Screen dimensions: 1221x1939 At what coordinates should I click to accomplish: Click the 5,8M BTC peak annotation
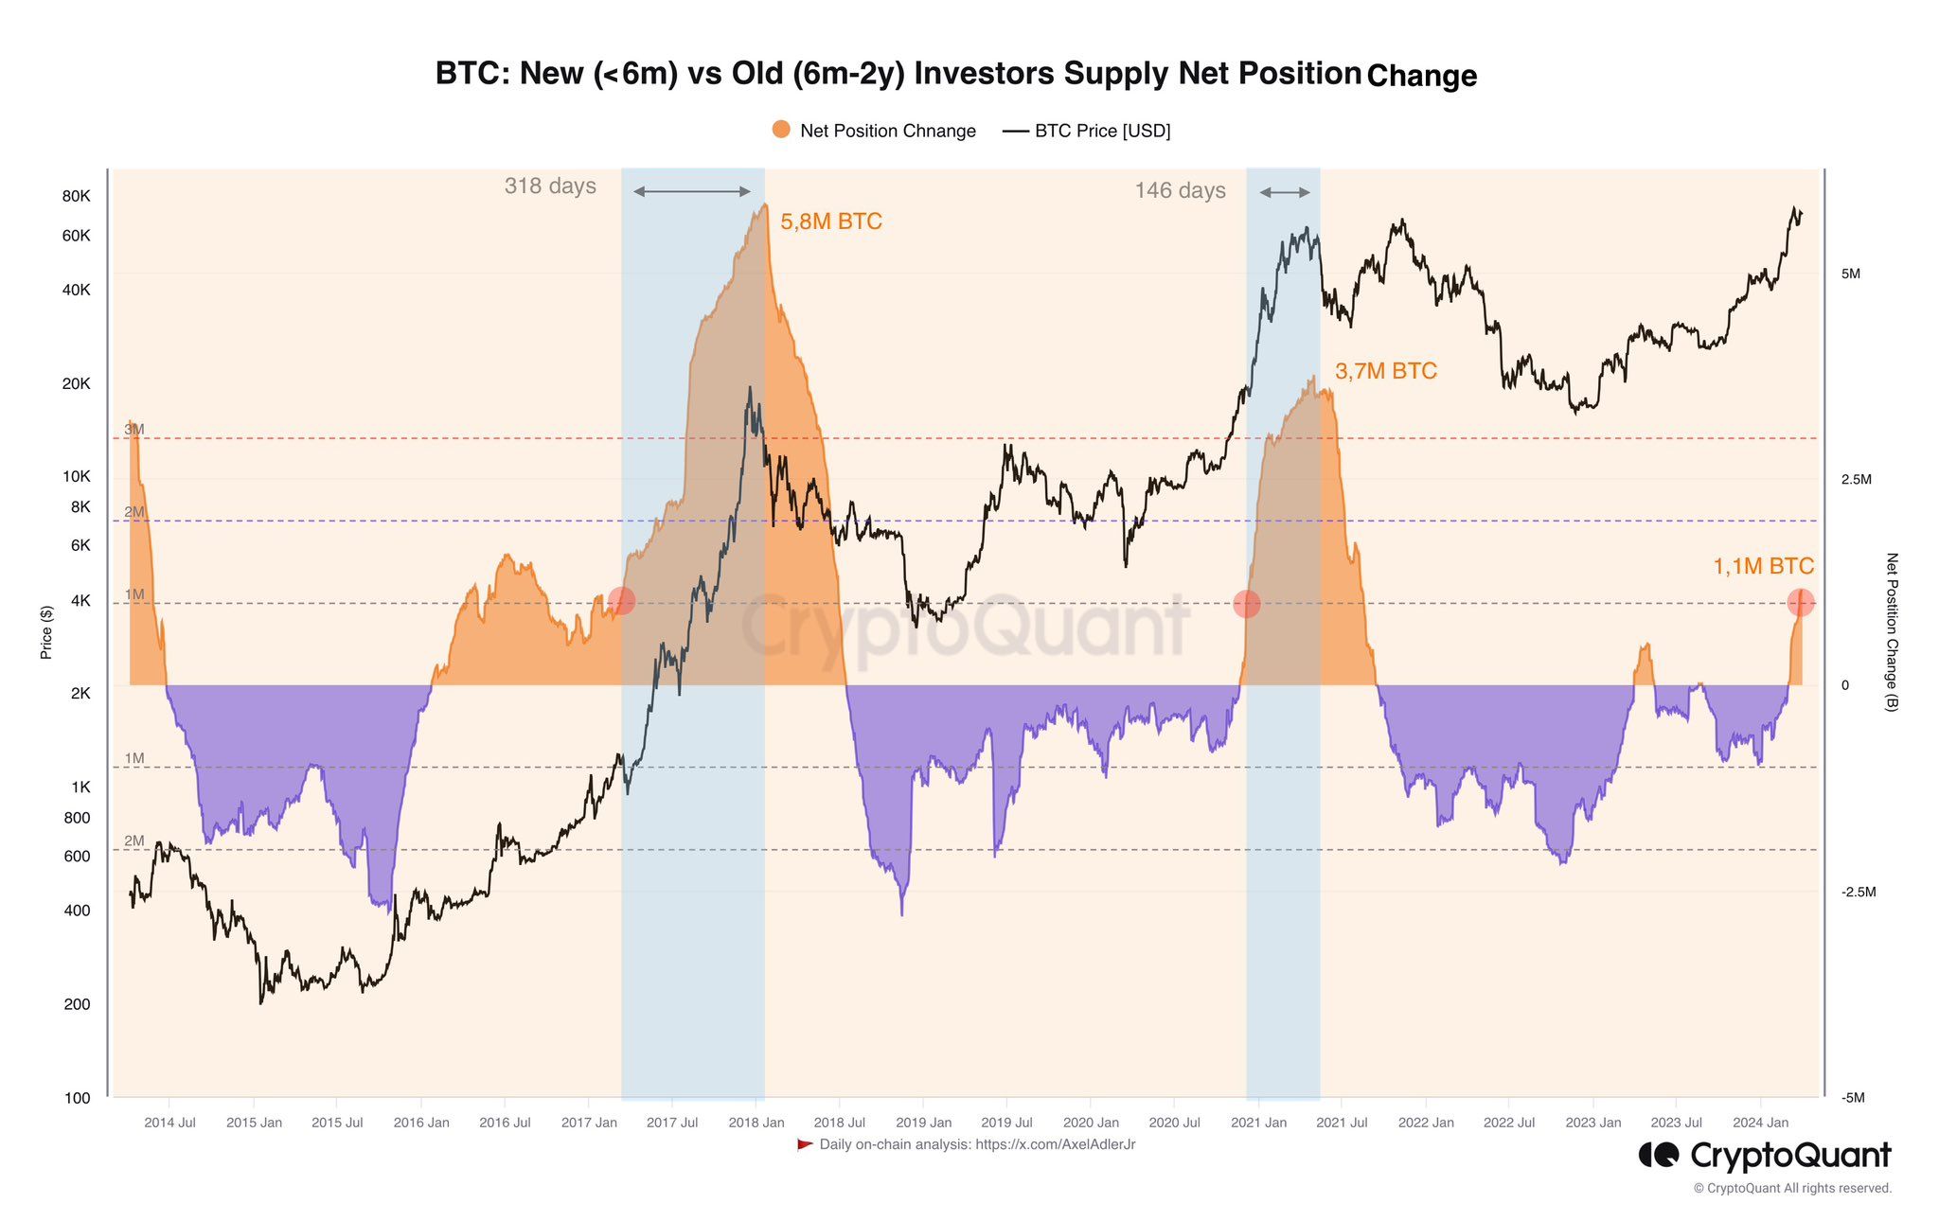click(830, 222)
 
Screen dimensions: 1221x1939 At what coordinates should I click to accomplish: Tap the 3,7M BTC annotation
click(1385, 372)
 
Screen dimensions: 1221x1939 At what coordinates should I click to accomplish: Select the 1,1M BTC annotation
click(1763, 567)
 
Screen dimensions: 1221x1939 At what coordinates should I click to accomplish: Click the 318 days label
click(550, 186)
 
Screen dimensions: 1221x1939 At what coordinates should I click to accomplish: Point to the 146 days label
click(1180, 191)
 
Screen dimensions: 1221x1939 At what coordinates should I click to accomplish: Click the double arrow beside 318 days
click(691, 192)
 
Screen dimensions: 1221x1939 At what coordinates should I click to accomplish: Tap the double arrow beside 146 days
click(1285, 193)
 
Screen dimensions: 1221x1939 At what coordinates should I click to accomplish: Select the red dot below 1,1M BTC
click(1800, 602)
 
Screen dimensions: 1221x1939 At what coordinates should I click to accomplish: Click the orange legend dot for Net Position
click(781, 130)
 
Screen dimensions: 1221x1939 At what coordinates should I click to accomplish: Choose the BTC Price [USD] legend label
click(1102, 131)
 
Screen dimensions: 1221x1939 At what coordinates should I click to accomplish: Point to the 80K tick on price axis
click(76, 197)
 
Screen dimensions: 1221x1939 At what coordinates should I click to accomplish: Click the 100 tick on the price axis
click(78, 1099)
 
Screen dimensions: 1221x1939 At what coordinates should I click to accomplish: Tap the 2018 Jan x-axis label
click(756, 1124)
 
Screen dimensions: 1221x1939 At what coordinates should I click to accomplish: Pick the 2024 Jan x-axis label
click(1760, 1124)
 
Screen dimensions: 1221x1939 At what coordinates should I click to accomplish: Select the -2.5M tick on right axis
click(1858, 893)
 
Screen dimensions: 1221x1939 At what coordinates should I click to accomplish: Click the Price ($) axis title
click(46, 632)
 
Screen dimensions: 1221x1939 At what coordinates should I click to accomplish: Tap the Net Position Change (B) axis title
click(1892, 632)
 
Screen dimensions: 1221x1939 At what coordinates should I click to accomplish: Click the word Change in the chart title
click(1422, 76)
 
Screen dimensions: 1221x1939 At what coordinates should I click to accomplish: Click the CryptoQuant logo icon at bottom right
click(1658, 1156)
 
